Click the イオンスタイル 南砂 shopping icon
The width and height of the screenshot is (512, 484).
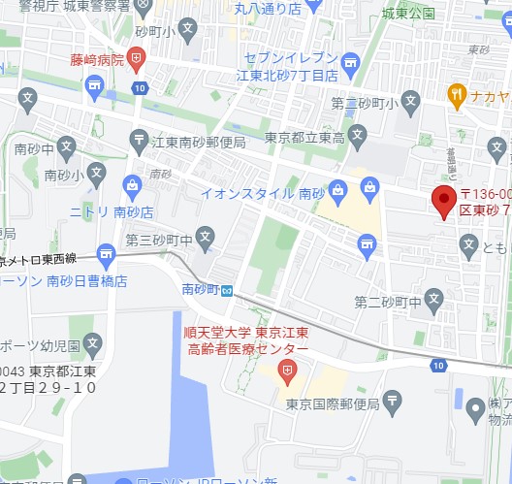tap(336, 187)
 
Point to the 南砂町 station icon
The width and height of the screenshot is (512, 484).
tap(226, 290)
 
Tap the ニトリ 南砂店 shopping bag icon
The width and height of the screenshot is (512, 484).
tap(131, 183)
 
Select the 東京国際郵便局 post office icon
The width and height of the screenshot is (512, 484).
tap(391, 400)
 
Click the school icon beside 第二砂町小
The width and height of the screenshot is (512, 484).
tap(411, 101)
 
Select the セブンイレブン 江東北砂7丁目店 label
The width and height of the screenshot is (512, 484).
tap(291, 67)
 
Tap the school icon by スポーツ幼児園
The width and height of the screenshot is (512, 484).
tap(92, 342)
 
